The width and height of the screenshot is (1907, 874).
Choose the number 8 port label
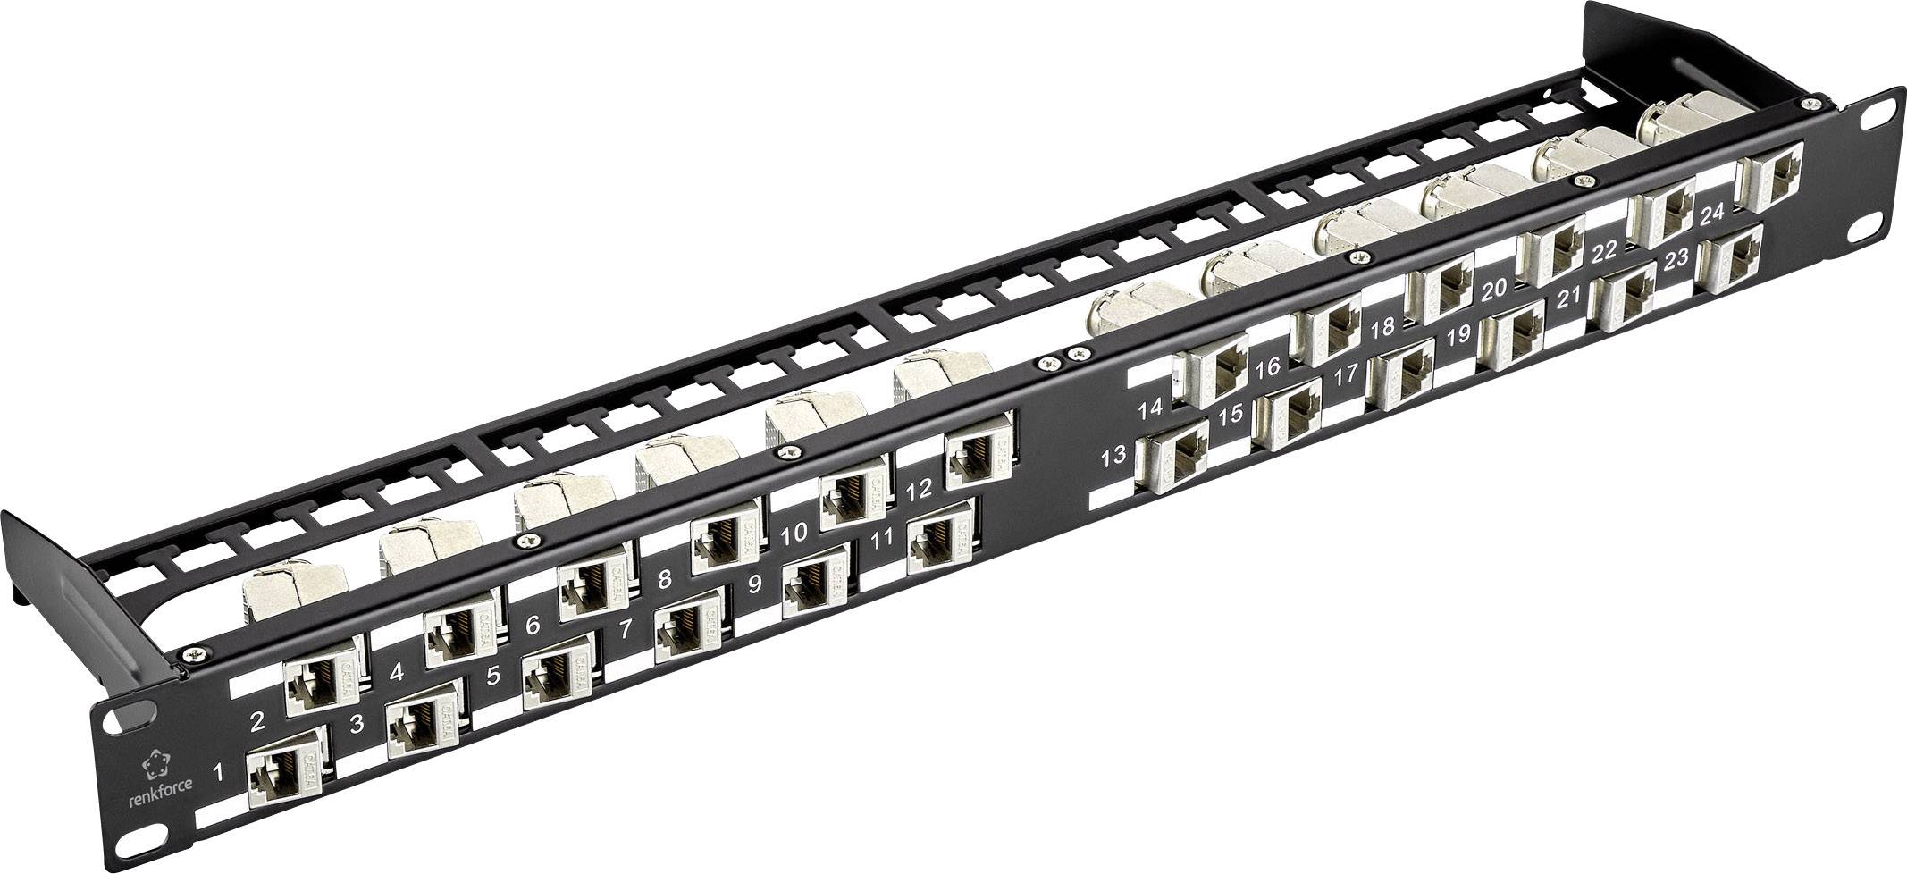pos(663,579)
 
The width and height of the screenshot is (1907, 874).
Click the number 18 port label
pos(1382,328)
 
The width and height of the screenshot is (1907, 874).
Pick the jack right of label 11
pos(941,546)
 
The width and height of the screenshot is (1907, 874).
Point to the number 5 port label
pos(492,676)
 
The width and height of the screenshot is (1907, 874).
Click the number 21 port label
pos(1569,301)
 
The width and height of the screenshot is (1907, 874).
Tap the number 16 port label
pos(1267,367)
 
